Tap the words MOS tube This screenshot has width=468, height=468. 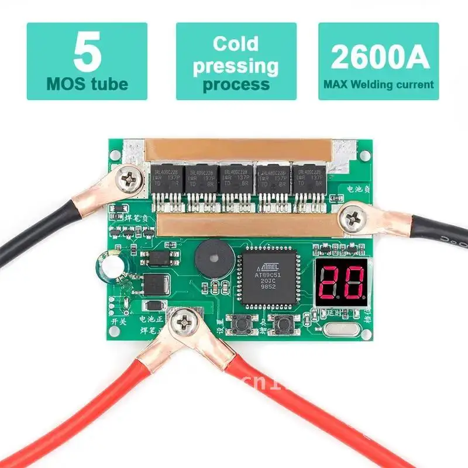(87, 84)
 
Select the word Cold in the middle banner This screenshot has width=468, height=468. (236, 44)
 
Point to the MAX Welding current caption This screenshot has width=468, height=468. (378, 84)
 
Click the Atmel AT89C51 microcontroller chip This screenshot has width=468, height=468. (269, 276)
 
